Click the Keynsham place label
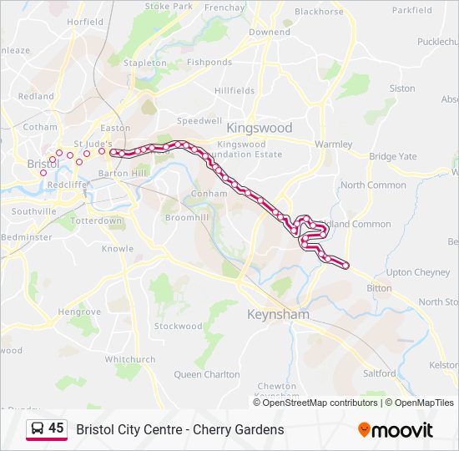pos(279,315)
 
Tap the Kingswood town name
pos(260,128)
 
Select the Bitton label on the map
pos(379,288)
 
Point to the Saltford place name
pos(380,373)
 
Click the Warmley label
pos(333,144)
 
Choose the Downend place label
pos(270,32)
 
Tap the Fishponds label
pos(209,63)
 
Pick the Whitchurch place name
pos(130,359)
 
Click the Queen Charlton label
pos(206,374)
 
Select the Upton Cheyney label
pos(418,272)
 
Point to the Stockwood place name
pos(178,326)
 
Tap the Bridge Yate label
pos(393,156)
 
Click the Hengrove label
pos(79,312)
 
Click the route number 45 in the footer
pos(56,428)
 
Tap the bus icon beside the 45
pos(38,428)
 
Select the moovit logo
pos(396,430)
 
